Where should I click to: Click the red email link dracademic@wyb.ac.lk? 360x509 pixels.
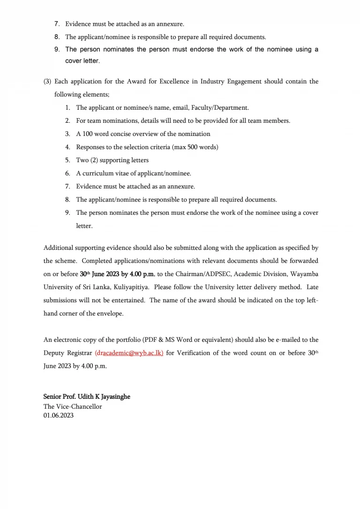coord(129,353)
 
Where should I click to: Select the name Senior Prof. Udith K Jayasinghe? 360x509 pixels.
coord(87,397)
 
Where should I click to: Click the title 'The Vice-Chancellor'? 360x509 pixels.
coord(73,406)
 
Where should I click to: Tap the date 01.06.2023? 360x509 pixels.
coord(59,415)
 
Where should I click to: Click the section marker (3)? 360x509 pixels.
coord(47,82)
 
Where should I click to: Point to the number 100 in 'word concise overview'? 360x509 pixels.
coord(87,134)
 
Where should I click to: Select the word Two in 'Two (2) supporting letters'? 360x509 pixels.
coord(82,160)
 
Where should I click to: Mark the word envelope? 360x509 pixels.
coord(111,314)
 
